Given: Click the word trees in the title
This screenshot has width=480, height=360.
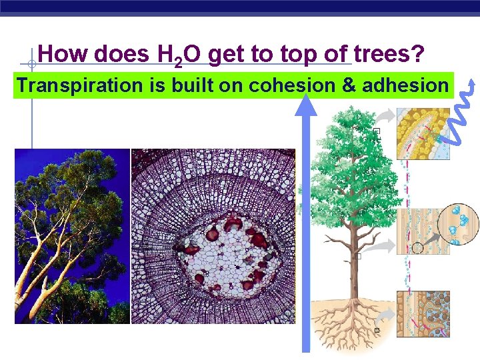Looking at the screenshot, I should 388,55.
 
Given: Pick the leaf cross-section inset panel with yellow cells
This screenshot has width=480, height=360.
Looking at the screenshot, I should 423,133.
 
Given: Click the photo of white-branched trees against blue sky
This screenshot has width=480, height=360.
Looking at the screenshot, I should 72,236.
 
